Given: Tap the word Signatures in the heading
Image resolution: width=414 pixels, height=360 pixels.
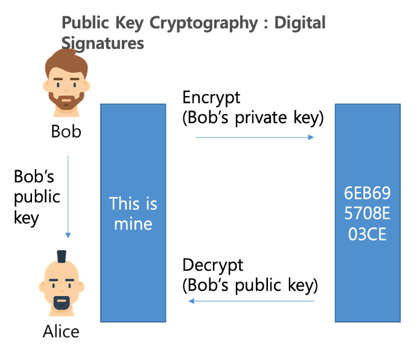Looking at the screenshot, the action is click(x=103, y=43).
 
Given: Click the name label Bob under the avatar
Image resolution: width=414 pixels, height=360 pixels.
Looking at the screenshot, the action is click(x=66, y=131).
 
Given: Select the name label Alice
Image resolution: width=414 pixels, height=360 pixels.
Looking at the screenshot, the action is click(x=61, y=332).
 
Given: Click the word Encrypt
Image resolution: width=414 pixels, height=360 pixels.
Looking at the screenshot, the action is click(x=211, y=98).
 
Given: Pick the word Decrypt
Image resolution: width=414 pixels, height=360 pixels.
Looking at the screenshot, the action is click(x=212, y=265).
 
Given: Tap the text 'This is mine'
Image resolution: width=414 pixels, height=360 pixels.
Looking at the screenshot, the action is click(x=133, y=213).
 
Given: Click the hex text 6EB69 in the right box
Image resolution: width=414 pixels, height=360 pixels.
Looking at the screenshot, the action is click(x=368, y=193).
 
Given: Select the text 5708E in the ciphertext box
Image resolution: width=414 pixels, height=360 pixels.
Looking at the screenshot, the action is click(x=368, y=214).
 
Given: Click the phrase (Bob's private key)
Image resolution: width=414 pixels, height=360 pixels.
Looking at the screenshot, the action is click(x=253, y=118).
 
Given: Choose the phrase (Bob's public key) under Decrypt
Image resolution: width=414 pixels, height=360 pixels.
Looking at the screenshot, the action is click(x=250, y=284).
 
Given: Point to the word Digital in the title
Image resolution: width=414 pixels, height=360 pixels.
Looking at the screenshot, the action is click(x=299, y=24).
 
